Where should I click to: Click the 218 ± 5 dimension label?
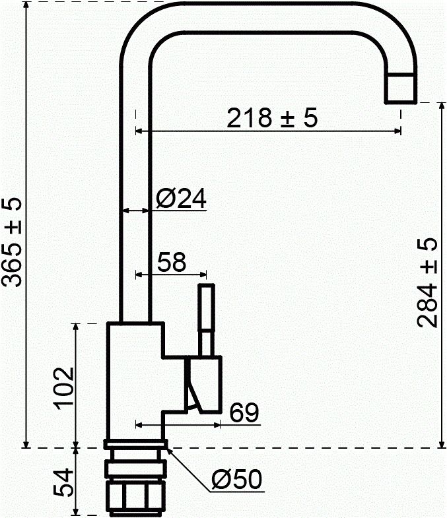pos(272,118)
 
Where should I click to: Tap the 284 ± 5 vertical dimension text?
pos(427,283)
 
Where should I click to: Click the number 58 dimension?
pos(170,262)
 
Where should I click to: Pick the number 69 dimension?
pos(244,412)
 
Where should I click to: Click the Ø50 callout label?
pos(238,480)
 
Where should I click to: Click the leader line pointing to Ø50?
pos(191,469)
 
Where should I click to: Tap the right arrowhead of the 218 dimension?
pos(397,131)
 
